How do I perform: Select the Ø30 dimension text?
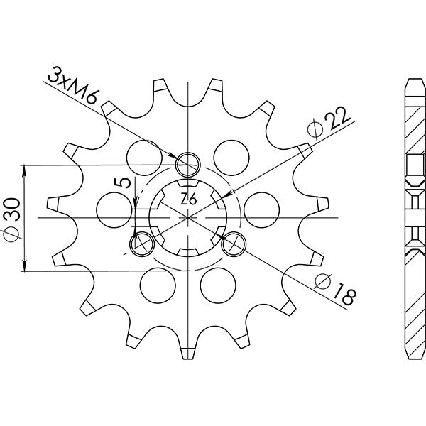click(15, 218)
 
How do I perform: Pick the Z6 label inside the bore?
click(189, 200)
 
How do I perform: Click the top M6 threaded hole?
click(187, 164)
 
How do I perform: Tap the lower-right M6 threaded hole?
click(234, 244)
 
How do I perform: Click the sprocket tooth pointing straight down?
click(187, 350)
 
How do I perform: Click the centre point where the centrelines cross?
click(187, 218)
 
